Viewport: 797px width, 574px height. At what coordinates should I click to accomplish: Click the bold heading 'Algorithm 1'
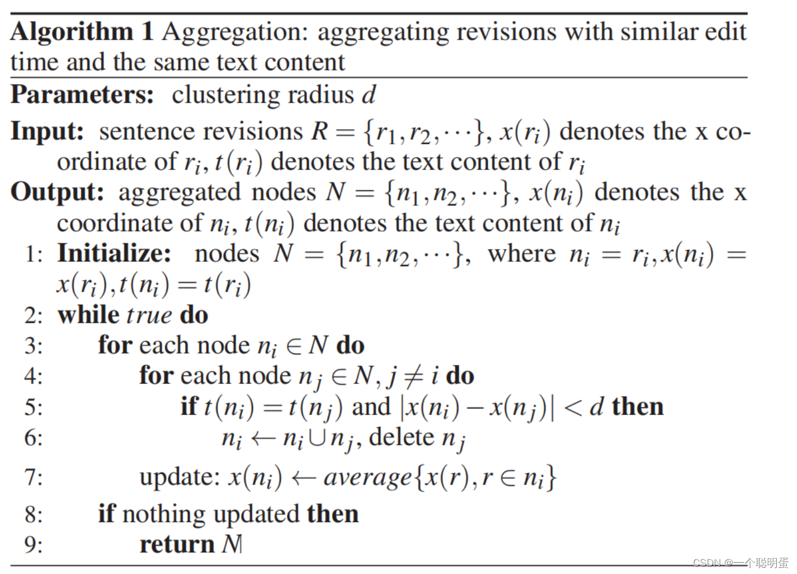click(x=82, y=31)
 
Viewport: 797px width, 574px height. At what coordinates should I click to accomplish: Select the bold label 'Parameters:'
click(x=82, y=95)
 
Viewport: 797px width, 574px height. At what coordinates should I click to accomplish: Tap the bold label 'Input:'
click(x=48, y=131)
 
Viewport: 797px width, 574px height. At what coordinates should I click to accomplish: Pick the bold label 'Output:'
click(x=58, y=192)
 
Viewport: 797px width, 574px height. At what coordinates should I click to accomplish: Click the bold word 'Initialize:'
click(x=114, y=253)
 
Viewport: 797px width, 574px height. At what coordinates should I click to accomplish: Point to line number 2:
click(x=33, y=316)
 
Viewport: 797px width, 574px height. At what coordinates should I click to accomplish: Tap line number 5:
click(x=33, y=407)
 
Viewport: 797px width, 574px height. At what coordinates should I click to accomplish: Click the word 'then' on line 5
click(x=638, y=407)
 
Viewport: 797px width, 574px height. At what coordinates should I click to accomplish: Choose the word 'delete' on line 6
click(x=402, y=437)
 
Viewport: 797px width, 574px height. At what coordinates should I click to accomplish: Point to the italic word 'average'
click(x=367, y=477)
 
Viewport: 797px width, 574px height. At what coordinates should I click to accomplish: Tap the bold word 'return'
click(x=177, y=544)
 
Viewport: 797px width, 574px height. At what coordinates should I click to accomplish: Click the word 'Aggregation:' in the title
click(x=235, y=32)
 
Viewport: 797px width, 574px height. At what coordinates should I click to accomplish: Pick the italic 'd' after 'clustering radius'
click(x=369, y=95)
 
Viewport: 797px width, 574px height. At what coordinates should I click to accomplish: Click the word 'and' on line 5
click(x=371, y=407)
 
